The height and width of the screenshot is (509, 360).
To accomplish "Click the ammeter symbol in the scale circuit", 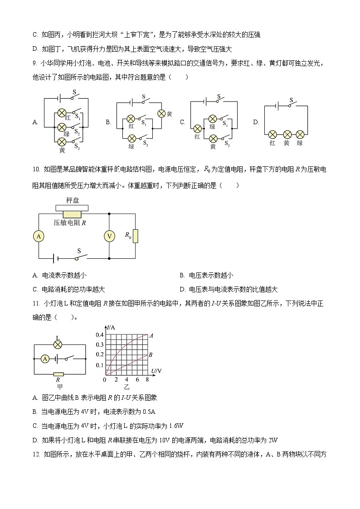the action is pyautogui.click(x=39, y=236).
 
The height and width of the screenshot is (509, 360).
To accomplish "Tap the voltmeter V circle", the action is pyautogui.click(x=109, y=236).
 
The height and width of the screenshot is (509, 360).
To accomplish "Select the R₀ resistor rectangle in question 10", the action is pyautogui.click(x=135, y=236).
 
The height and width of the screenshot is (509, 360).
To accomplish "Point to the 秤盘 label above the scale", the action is pyautogui.click(x=73, y=200).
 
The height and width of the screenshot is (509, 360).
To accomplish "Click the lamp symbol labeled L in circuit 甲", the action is pyautogui.click(x=58, y=344).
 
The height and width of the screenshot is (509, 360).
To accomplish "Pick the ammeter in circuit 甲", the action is pyautogui.click(x=45, y=359).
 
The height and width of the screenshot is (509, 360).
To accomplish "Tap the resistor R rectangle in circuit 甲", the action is pyautogui.click(x=58, y=374).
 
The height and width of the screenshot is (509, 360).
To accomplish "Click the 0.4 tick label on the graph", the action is pyautogui.click(x=99, y=335).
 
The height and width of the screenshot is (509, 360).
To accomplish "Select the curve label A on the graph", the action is pyautogui.click(x=151, y=335).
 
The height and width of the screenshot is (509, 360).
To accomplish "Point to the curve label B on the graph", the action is pyautogui.click(x=151, y=354).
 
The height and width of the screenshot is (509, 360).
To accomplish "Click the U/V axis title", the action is pyautogui.click(x=156, y=371).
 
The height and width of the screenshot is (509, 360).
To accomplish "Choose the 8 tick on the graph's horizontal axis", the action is pyautogui.click(x=147, y=379).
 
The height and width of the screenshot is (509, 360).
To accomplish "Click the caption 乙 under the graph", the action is pyautogui.click(x=126, y=387).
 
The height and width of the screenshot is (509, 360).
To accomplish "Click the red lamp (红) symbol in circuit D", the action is pyautogui.click(x=272, y=134).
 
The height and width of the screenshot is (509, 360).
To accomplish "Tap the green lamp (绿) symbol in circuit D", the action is pyautogui.click(x=300, y=134).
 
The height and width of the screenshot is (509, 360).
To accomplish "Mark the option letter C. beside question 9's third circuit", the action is pyautogui.click(x=183, y=122).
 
